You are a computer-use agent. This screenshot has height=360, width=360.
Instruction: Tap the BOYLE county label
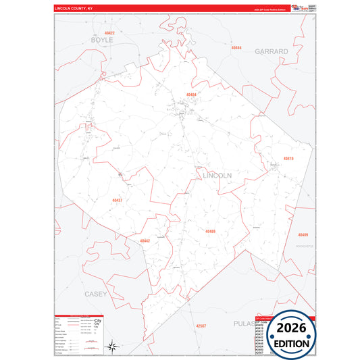click(x=103, y=41)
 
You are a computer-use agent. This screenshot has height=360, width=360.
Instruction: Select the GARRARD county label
click(x=272, y=51)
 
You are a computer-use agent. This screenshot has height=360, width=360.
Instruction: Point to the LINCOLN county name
click(x=217, y=175)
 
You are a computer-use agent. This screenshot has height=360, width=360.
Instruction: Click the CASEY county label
click(x=95, y=294)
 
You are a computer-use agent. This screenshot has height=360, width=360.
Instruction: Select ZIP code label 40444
click(x=236, y=49)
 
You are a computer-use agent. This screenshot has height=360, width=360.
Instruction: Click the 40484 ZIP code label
click(x=192, y=95)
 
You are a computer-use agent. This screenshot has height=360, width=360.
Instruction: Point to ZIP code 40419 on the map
click(x=288, y=158)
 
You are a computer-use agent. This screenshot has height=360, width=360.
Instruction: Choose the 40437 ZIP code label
click(x=118, y=201)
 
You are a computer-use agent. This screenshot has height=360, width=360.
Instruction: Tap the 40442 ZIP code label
click(x=145, y=240)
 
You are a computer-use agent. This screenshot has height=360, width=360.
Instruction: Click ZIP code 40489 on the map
click(x=210, y=232)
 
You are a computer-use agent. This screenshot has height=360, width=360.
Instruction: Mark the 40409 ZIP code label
click(x=303, y=234)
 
